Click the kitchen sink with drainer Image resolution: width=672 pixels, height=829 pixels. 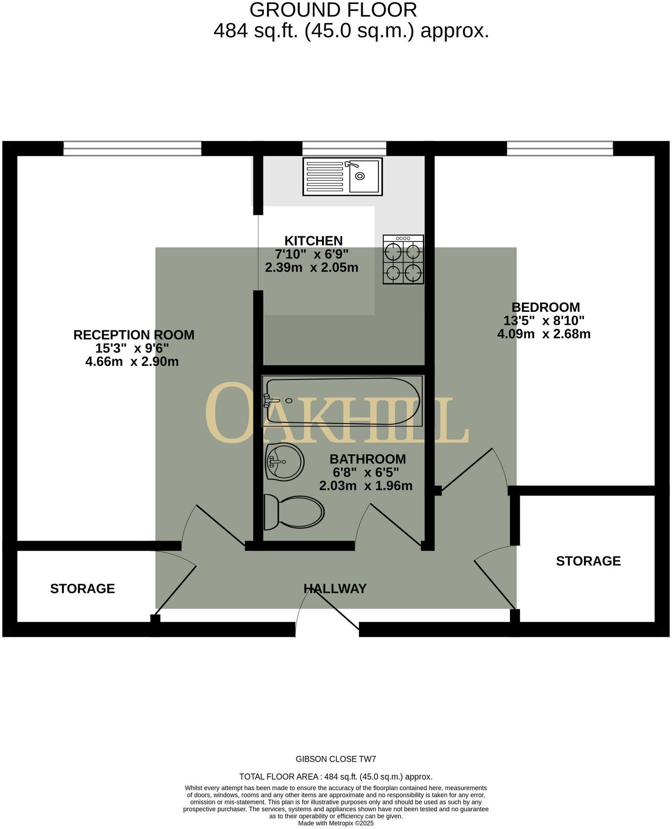342,176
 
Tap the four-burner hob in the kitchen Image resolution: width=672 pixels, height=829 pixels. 403,259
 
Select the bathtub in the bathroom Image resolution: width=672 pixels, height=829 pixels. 342,401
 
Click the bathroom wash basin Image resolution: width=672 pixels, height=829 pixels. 285,461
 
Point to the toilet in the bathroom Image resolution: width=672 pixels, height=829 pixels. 294,512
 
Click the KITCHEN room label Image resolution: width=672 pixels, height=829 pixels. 313,241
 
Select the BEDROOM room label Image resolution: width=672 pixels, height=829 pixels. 546,307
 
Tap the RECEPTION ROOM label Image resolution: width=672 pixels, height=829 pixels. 134,335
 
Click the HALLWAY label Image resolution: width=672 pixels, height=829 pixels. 335,588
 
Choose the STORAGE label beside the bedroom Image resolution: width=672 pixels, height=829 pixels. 588,561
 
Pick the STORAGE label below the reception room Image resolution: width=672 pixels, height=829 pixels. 82,588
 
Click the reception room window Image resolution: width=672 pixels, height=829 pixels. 132,149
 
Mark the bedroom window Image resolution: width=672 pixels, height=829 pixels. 560,149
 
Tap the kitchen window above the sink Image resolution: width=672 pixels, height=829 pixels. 344,149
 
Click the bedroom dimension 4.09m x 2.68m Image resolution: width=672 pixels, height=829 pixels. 544,334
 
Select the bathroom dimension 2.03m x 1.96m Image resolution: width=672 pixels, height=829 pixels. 366,486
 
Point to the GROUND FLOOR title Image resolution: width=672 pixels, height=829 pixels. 333,10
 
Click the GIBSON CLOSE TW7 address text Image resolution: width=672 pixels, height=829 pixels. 336,759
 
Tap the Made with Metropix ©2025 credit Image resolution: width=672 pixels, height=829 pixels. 336,823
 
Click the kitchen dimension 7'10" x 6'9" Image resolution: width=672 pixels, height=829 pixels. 312,254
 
